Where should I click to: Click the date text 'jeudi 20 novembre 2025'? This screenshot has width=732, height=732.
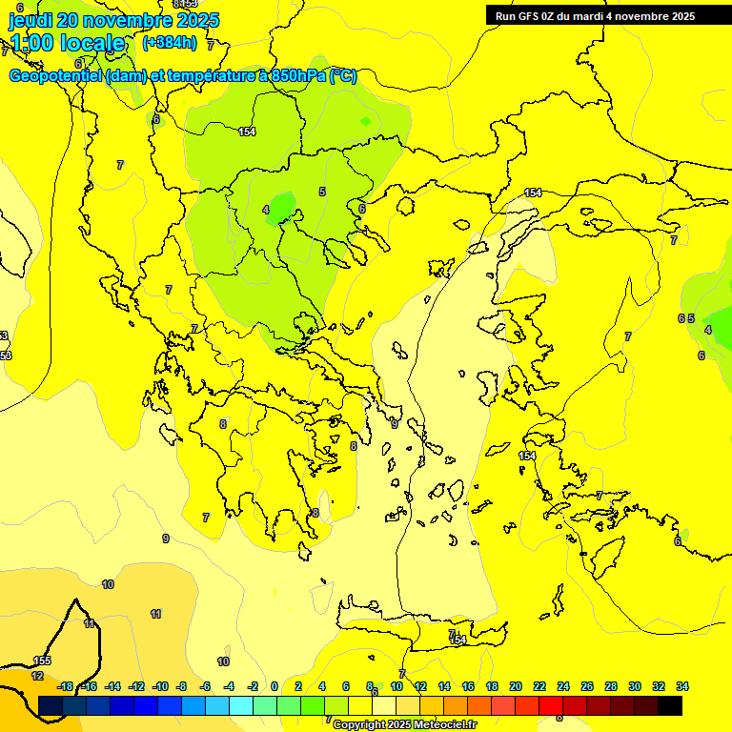[113, 20]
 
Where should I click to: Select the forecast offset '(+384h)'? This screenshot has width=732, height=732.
[169, 43]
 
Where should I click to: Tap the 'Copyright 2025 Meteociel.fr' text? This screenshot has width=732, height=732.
[404, 724]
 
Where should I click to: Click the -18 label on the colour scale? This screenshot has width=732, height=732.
[65, 686]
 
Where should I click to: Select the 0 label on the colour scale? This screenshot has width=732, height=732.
[274, 686]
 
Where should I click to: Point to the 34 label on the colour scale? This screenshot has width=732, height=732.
[681, 686]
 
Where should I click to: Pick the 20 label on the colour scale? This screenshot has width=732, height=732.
[516, 686]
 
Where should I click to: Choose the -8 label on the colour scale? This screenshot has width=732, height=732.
[181, 686]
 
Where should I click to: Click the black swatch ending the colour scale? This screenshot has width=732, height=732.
[670, 705]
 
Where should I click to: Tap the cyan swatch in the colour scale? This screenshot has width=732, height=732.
[240, 705]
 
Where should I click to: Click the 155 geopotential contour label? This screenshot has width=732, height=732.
[42, 661]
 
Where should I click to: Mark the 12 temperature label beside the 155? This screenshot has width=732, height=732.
[37, 676]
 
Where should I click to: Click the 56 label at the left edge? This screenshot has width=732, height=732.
[6, 356]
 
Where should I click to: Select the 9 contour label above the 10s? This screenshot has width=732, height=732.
[165, 539]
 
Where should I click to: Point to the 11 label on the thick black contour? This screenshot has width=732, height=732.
[89, 623]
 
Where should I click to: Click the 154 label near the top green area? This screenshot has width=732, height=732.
[247, 132]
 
